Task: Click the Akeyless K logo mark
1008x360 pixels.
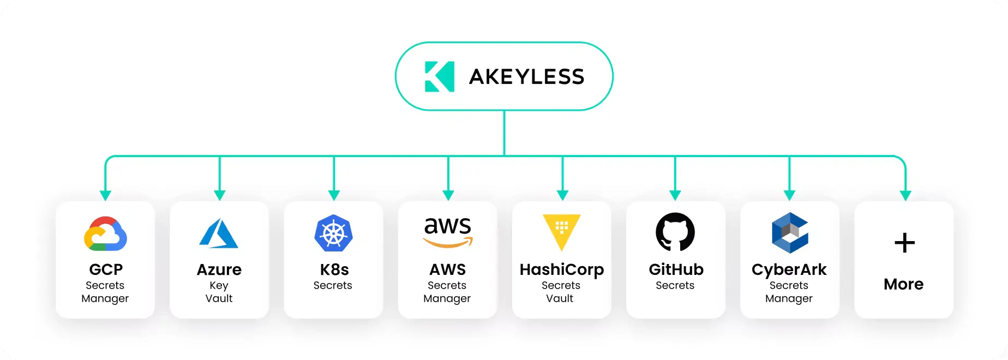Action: point(439,76)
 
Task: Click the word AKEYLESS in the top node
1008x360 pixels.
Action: point(527,77)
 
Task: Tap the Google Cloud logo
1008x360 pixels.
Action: point(105,233)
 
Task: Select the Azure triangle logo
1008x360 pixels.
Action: point(219,233)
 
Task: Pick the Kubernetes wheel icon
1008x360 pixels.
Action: point(334,233)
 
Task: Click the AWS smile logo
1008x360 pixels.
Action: point(448,232)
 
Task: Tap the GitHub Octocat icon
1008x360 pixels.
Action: point(675,232)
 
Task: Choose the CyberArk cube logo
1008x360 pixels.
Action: point(790,233)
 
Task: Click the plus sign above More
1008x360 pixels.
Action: point(904,243)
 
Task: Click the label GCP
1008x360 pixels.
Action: point(106,269)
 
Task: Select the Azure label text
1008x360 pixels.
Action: point(219,269)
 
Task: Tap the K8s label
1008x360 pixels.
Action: point(334,269)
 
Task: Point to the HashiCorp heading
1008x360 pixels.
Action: point(562,270)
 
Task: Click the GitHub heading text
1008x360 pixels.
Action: point(676,269)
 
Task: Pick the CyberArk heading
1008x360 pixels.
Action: point(789,270)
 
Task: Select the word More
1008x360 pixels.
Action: point(904,284)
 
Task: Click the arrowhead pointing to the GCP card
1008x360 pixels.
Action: point(106,195)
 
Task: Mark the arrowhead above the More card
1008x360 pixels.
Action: point(905,195)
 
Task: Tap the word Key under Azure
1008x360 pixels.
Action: point(219,286)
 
